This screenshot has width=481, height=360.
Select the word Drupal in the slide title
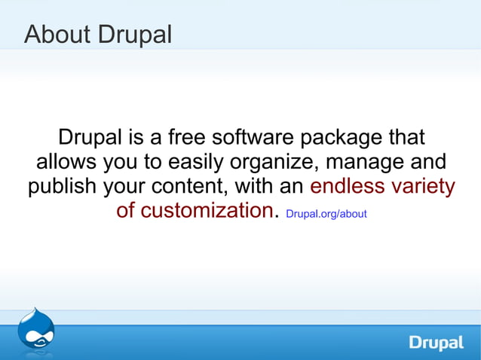click(134, 34)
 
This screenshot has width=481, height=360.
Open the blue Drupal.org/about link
click(326, 214)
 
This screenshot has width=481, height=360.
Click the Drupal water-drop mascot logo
click(35, 329)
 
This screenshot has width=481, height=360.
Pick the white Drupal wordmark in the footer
click(437, 343)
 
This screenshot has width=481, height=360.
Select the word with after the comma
click(255, 186)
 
